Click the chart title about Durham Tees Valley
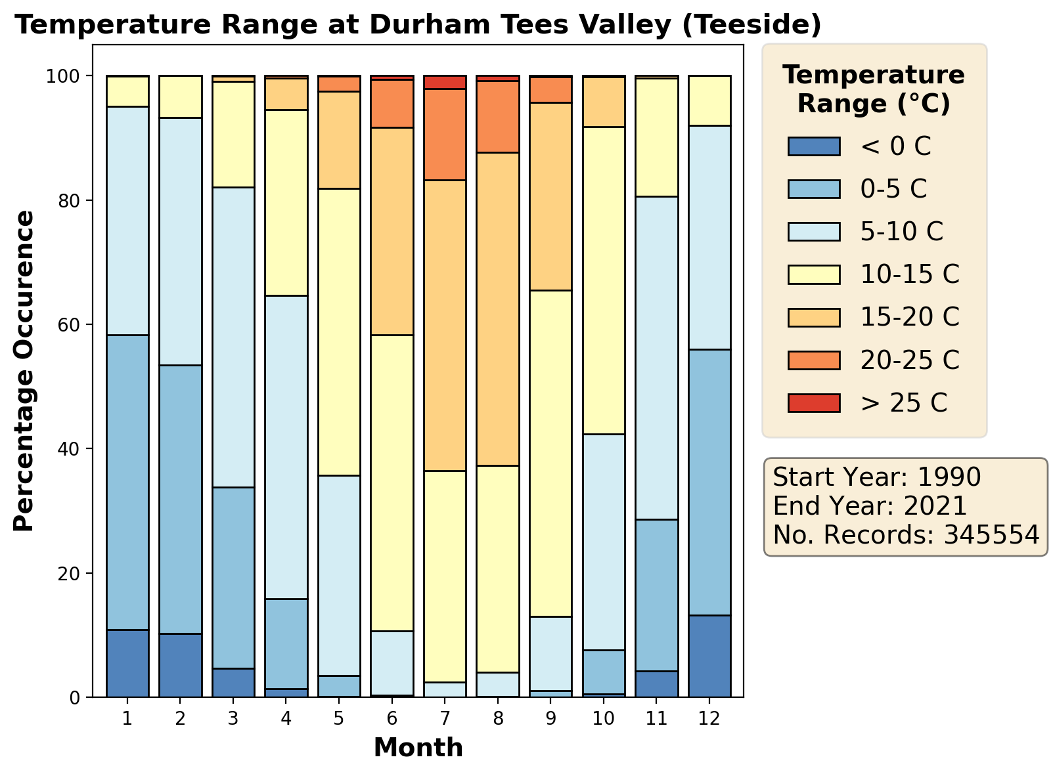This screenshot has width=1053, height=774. [x=418, y=25]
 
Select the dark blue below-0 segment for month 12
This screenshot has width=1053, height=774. [x=709, y=656]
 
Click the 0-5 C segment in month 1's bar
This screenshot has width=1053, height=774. [x=127, y=482]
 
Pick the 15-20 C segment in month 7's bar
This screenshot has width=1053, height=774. [x=445, y=325]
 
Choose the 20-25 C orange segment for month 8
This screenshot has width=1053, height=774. [x=498, y=117]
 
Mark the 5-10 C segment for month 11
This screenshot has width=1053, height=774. [x=657, y=358]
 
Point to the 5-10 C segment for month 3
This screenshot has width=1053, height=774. [x=233, y=337]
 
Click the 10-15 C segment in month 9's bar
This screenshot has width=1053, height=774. [x=551, y=453]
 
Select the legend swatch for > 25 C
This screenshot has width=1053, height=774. [x=814, y=403]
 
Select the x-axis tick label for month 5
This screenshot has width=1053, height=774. [x=339, y=719]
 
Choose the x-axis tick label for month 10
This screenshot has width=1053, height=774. [x=604, y=719]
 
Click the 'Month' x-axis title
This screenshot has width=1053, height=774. [x=418, y=748]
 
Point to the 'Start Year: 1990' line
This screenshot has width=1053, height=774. [x=877, y=477]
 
